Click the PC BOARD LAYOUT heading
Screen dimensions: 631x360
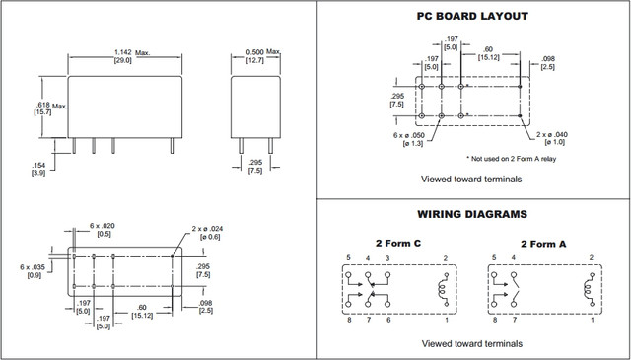point(471,16)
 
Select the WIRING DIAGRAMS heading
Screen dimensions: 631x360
point(472,214)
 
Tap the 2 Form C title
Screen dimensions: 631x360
point(398,244)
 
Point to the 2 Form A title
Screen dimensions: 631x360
point(543,244)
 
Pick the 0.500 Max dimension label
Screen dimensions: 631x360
point(262,56)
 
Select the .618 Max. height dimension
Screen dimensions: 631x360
point(50,108)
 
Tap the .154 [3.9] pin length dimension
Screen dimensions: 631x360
point(38,170)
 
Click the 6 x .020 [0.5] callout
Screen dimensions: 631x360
point(104,230)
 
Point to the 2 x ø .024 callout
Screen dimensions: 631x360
point(207,233)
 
